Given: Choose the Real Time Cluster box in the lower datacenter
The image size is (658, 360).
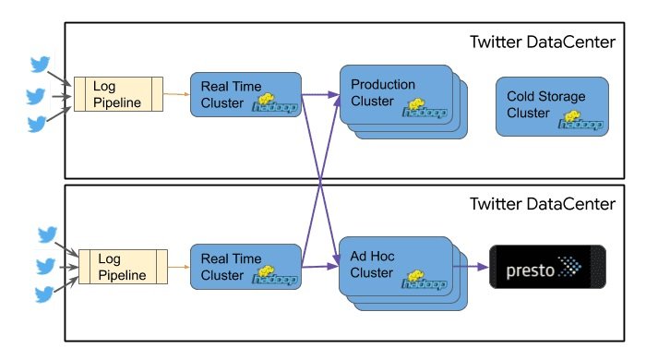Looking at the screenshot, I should [x=245, y=268].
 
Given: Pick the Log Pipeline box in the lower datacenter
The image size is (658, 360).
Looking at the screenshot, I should [x=123, y=267].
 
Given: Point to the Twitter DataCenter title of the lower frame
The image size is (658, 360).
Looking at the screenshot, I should [x=542, y=203].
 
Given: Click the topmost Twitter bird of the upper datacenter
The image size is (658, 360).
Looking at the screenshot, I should [x=40, y=65].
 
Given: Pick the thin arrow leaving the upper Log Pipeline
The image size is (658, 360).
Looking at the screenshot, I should [x=178, y=93].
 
